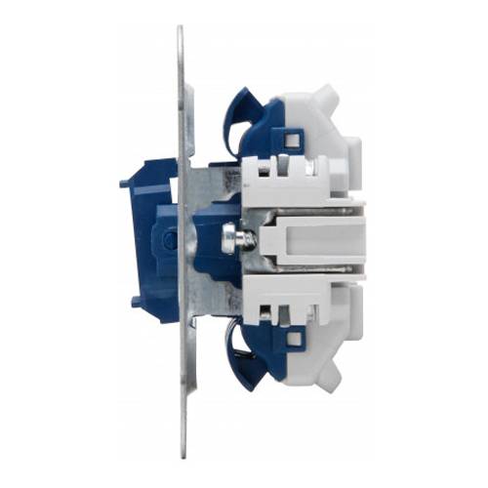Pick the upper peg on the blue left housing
coord(126,183)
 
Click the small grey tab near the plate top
coord(188,98)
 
